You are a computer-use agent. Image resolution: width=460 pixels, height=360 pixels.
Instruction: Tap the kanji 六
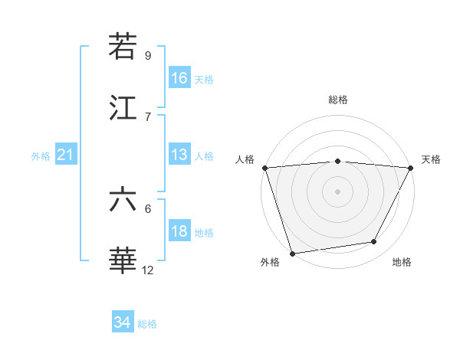123,200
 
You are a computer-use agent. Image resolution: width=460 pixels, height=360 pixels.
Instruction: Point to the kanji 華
123,261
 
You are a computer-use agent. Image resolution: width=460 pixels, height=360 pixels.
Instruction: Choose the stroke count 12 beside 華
148,270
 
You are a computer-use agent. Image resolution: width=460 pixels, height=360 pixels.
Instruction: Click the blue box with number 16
179,78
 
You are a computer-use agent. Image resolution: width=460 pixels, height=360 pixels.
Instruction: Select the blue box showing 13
179,155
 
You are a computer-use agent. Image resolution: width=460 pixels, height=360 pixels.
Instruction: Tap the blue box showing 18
179,231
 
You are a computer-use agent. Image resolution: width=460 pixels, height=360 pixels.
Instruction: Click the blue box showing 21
66,155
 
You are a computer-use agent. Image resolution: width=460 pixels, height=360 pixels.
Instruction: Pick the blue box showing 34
123,322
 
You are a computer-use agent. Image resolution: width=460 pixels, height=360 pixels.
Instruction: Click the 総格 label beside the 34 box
147,324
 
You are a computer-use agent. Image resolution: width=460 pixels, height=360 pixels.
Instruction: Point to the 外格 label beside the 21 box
41,156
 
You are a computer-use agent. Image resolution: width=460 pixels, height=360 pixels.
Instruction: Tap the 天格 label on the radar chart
431,159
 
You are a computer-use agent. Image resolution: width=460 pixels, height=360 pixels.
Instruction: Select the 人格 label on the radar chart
245,159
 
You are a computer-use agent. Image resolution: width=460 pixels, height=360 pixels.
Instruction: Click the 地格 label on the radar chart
402,262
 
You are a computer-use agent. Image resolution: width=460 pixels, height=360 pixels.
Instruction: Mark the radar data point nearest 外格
292,253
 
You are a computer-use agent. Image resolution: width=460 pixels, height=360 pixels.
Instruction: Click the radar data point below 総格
337,161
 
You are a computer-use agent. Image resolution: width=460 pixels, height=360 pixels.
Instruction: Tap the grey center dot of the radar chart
337,191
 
